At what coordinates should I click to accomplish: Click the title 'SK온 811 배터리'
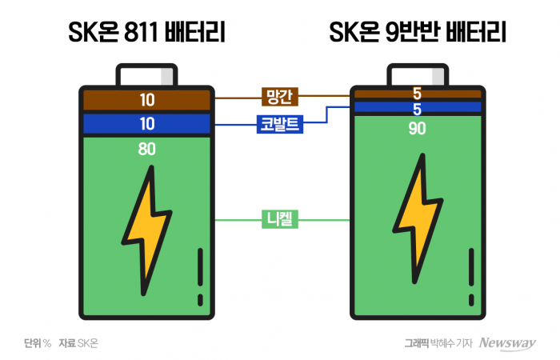click(146, 32)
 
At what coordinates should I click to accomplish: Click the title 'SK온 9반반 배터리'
click(418, 32)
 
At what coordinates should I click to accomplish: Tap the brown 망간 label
click(280, 97)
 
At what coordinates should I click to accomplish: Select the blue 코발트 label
click(280, 124)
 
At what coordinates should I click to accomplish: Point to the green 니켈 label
click(280, 219)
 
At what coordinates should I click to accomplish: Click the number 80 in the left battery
click(146, 149)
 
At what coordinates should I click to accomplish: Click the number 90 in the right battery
click(417, 128)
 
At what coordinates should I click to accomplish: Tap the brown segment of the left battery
click(146, 100)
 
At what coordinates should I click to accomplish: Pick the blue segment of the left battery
click(146, 123)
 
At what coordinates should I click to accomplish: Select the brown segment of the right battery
click(418, 94)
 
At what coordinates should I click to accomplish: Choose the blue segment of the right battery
click(418, 107)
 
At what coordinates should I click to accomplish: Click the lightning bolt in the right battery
click(418, 218)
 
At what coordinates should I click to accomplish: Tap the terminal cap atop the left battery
click(146, 74)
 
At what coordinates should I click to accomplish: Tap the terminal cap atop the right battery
click(418, 74)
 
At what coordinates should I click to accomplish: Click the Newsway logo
click(507, 343)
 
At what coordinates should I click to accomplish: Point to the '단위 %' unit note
click(38, 343)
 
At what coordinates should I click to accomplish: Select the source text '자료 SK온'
click(78, 343)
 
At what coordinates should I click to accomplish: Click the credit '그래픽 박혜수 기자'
click(438, 343)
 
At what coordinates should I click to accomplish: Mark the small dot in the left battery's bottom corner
click(200, 300)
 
